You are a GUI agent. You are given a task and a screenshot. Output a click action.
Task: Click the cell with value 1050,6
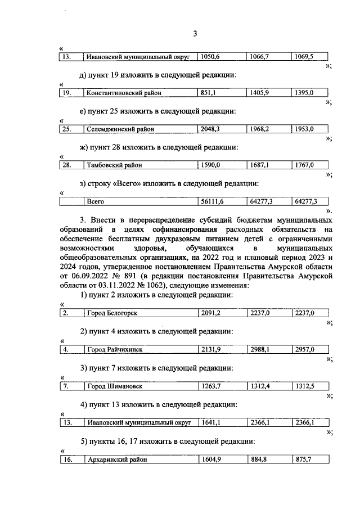point(211,57)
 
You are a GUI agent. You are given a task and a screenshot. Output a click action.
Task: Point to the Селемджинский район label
point(120,129)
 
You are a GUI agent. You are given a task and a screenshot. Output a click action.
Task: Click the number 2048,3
point(211,129)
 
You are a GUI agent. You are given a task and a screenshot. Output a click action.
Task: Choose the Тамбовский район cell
point(114,165)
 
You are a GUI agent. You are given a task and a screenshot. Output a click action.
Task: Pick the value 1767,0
point(304,165)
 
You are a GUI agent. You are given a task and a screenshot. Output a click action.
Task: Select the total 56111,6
point(213,201)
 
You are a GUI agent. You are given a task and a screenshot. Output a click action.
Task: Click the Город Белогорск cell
point(112,313)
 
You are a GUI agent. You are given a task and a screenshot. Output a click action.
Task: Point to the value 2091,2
point(211,313)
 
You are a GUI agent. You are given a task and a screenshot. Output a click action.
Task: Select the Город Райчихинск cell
point(115,349)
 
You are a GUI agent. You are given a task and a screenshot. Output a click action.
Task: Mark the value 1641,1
point(211,422)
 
